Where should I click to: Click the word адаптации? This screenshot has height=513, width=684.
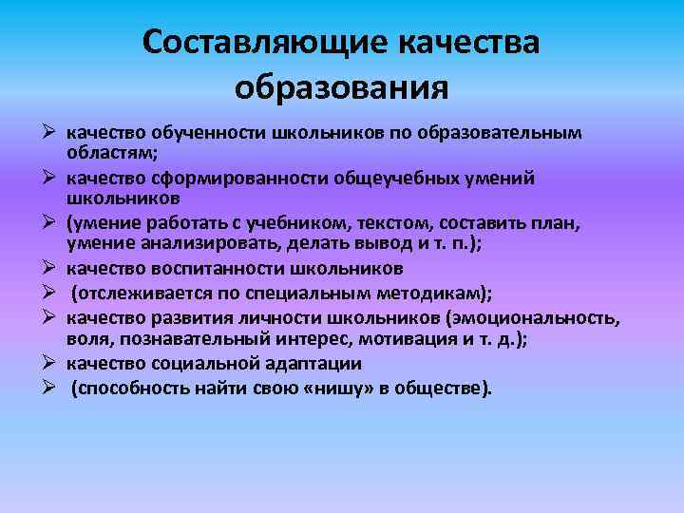(x=313, y=363)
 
